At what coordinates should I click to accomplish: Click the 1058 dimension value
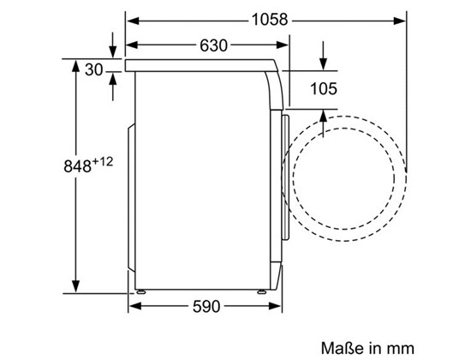270,20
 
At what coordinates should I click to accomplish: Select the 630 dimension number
213,45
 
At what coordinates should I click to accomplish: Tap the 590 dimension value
206,307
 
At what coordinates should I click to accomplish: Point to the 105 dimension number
323,89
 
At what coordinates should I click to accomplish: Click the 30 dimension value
93,70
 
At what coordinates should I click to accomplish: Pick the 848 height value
77,166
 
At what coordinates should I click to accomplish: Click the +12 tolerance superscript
103,162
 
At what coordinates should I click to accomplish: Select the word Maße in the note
343,349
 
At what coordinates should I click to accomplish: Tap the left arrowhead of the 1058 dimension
133,21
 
